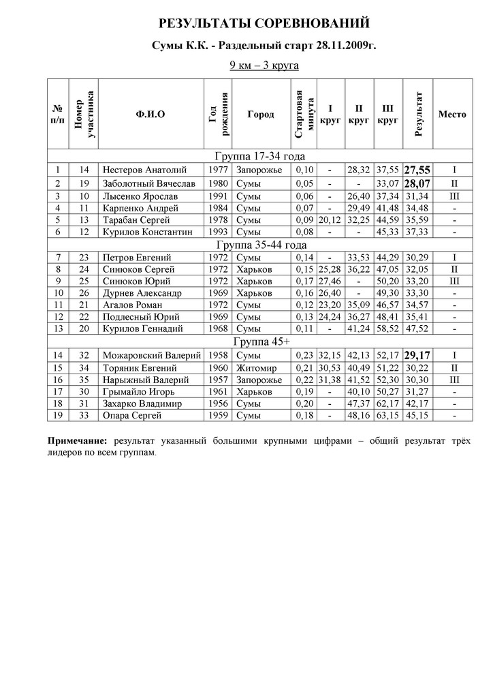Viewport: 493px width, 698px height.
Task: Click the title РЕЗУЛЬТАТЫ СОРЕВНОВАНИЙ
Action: (264, 25)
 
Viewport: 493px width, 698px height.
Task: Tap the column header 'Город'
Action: (261, 114)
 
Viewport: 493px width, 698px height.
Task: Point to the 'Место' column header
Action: (452, 114)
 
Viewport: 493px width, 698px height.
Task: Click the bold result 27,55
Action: (417, 170)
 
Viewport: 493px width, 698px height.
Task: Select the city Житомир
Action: (257, 367)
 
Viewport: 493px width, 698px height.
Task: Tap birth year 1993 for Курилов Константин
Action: (217, 232)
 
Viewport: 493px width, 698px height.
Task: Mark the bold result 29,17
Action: (417, 355)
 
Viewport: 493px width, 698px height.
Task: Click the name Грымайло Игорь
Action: (139, 392)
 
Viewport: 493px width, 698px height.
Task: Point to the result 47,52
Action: (417, 329)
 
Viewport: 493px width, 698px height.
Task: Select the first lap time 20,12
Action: (330, 220)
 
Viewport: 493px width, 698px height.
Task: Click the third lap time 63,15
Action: (387, 416)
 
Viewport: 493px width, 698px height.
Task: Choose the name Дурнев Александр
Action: (142, 292)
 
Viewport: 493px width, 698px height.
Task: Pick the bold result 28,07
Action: (417, 183)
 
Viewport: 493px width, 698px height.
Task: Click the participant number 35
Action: (84, 380)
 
